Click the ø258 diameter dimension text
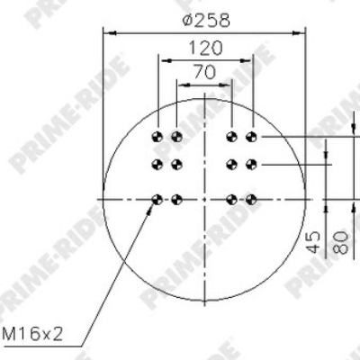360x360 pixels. tap(206, 21)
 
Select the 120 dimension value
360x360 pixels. tap(205, 48)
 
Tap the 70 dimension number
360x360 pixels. tap(204, 72)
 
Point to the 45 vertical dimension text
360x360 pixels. tap(313, 242)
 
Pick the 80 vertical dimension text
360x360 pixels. tap(341, 242)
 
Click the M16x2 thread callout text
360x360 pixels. tap(32, 334)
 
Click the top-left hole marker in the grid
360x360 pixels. tap(157, 137)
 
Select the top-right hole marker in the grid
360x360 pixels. tap(251, 137)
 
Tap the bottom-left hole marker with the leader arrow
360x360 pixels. tap(157, 199)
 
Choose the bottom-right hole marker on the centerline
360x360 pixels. tap(251, 199)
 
